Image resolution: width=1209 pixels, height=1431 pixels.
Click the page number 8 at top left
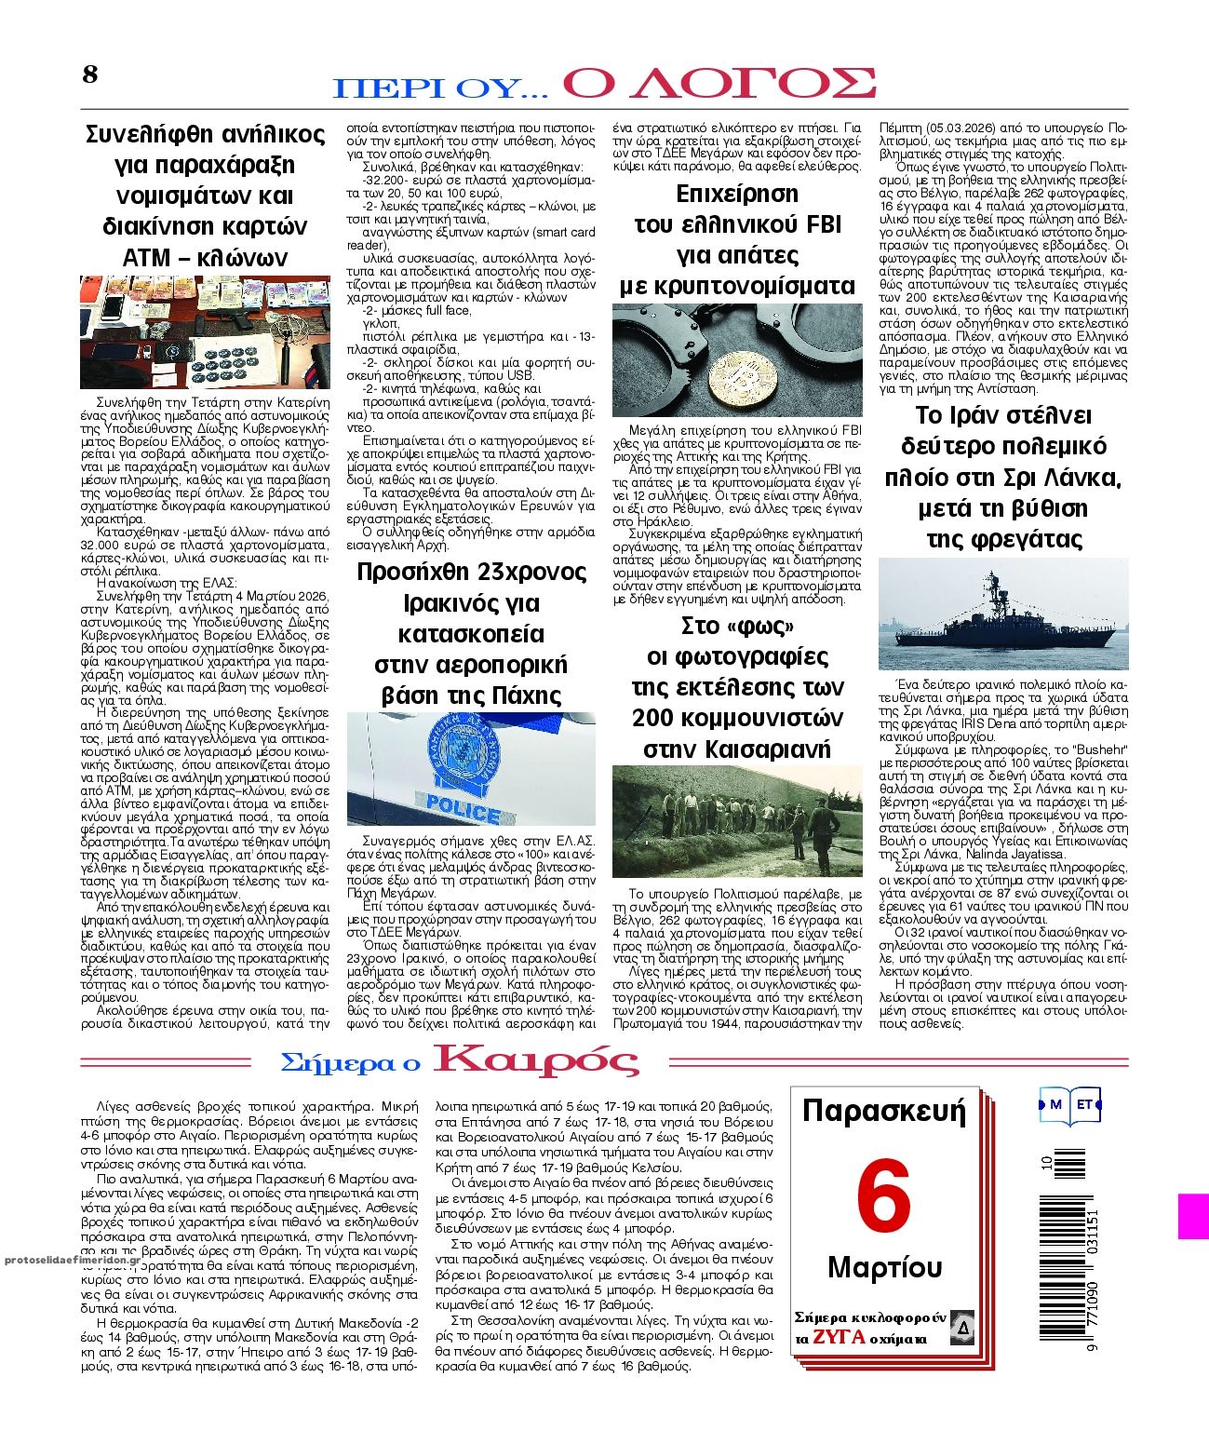coord(89,74)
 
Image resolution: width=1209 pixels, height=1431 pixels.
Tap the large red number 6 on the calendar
coord(882,1197)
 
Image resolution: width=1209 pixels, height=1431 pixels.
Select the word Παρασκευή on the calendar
coord(883,1112)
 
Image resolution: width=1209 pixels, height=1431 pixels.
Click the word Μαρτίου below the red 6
coord(884,1267)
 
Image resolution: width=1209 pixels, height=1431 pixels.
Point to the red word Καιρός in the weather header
coord(536,1060)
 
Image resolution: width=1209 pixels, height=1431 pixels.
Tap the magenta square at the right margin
coord(1193,1217)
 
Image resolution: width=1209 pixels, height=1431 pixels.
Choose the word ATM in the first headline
coord(149,257)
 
